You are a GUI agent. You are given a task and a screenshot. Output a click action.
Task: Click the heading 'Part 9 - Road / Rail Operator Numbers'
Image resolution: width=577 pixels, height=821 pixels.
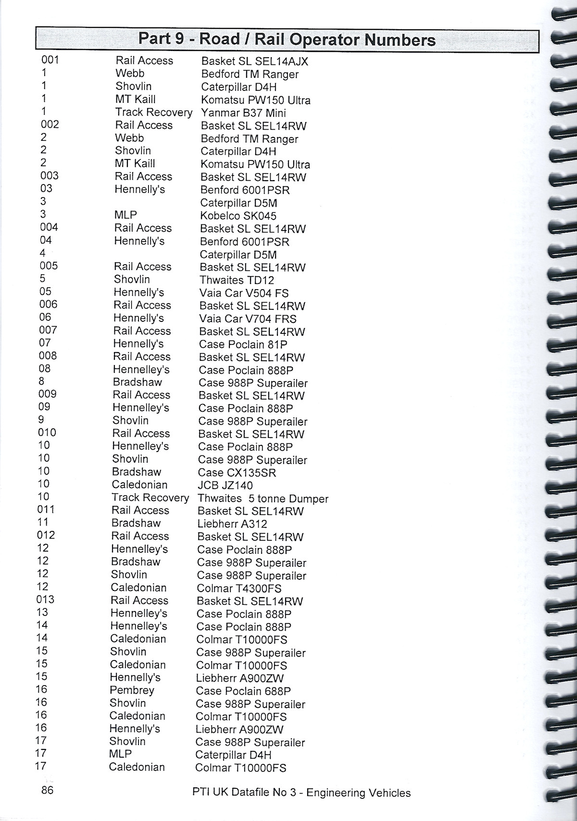coord(287,39)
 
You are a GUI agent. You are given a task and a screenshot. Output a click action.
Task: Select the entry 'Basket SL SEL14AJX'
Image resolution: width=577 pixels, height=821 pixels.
coord(254,61)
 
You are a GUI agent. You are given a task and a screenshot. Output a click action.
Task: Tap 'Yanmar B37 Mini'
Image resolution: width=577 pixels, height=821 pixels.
coord(243,113)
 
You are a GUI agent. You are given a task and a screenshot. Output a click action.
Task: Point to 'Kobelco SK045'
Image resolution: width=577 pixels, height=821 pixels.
coord(238,216)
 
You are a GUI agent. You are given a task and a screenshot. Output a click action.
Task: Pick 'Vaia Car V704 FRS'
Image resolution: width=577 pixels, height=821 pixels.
coord(248,319)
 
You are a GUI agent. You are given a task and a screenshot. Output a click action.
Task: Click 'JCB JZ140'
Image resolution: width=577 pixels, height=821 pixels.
coord(225,486)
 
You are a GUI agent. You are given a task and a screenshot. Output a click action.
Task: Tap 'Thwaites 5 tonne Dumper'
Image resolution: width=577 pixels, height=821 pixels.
coord(263,499)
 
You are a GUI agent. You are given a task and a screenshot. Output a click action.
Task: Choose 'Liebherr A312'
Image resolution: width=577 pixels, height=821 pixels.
coord(232,524)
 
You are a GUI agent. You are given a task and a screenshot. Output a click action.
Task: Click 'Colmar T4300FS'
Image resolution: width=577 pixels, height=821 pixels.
coord(239,588)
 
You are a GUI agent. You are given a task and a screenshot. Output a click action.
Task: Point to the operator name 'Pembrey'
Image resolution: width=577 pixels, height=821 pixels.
coord(132,690)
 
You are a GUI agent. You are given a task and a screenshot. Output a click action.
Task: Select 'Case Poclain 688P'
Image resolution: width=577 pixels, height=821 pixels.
coord(243,691)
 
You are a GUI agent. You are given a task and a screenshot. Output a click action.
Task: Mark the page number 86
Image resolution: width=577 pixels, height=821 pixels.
coord(47,790)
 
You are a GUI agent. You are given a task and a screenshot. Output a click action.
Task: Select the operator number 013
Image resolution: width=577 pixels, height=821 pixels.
coord(46,600)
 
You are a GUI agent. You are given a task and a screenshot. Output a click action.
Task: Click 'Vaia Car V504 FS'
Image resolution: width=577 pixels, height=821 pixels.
coord(244,293)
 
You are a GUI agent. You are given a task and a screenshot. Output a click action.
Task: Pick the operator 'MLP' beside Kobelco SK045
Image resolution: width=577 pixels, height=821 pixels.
coord(125,215)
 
